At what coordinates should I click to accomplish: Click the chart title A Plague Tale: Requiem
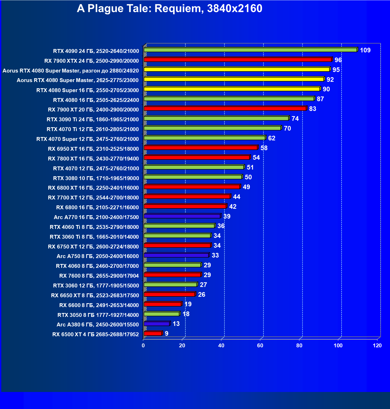(x=169, y=9)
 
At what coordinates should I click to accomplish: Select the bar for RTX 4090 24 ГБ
(x=250, y=50)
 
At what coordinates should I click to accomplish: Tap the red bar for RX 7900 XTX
(x=238, y=60)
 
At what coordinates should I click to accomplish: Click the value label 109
(x=365, y=50)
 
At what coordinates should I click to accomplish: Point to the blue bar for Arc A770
(x=182, y=216)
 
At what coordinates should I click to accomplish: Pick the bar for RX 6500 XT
(x=153, y=333)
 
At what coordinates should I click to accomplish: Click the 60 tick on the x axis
(x=260, y=346)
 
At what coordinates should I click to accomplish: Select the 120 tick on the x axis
(x=377, y=346)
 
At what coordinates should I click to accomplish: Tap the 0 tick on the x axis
(x=143, y=346)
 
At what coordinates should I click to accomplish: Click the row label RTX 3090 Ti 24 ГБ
(x=92, y=119)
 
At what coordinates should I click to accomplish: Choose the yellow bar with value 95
(x=237, y=69)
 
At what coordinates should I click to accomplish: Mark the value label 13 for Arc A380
(x=176, y=324)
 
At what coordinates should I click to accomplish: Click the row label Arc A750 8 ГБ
(x=98, y=256)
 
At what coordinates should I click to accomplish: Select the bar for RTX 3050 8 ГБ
(x=162, y=314)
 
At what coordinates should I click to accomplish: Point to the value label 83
(x=312, y=109)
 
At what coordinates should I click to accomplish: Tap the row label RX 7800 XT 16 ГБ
(x=93, y=159)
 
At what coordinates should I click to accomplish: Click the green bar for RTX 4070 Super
(x=204, y=138)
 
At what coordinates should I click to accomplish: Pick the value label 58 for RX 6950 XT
(x=264, y=148)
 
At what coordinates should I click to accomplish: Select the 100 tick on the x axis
(x=338, y=346)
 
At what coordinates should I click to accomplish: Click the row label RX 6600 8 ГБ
(x=99, y=305)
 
